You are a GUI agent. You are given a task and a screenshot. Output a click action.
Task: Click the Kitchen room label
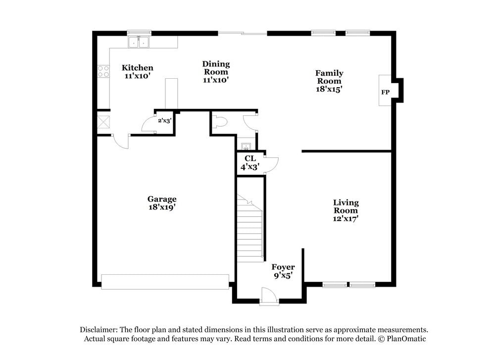[x=138, y=71]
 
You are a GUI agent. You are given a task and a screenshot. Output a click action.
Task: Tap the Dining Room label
[x=216, y=71]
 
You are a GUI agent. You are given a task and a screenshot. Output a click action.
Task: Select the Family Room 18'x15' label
[x=329, y=81]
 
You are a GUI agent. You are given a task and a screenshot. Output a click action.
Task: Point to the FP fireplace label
[x=385, y=92]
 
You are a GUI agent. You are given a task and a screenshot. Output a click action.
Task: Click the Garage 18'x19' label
[x=161, y=203]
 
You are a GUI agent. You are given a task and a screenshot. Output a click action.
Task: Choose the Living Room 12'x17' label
[x=346, y=210]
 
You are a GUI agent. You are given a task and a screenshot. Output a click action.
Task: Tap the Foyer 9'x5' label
[x=283, y=271]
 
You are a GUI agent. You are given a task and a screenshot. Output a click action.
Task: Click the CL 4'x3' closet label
[x=250, y=162]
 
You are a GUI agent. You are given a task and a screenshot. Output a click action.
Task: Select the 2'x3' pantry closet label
[x=164, y=120]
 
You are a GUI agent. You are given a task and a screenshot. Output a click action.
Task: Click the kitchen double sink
[x=139, y=43]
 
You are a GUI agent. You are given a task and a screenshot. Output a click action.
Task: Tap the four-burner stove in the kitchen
[x=103, y=71]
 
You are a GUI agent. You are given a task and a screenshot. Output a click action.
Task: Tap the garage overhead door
[x=165, y=281]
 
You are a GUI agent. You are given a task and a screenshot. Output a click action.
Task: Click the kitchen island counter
[x=171, y=93]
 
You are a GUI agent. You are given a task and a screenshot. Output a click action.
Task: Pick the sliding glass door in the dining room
[x=243, y=34]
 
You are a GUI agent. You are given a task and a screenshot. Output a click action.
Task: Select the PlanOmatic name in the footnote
[x=407, y=339]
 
